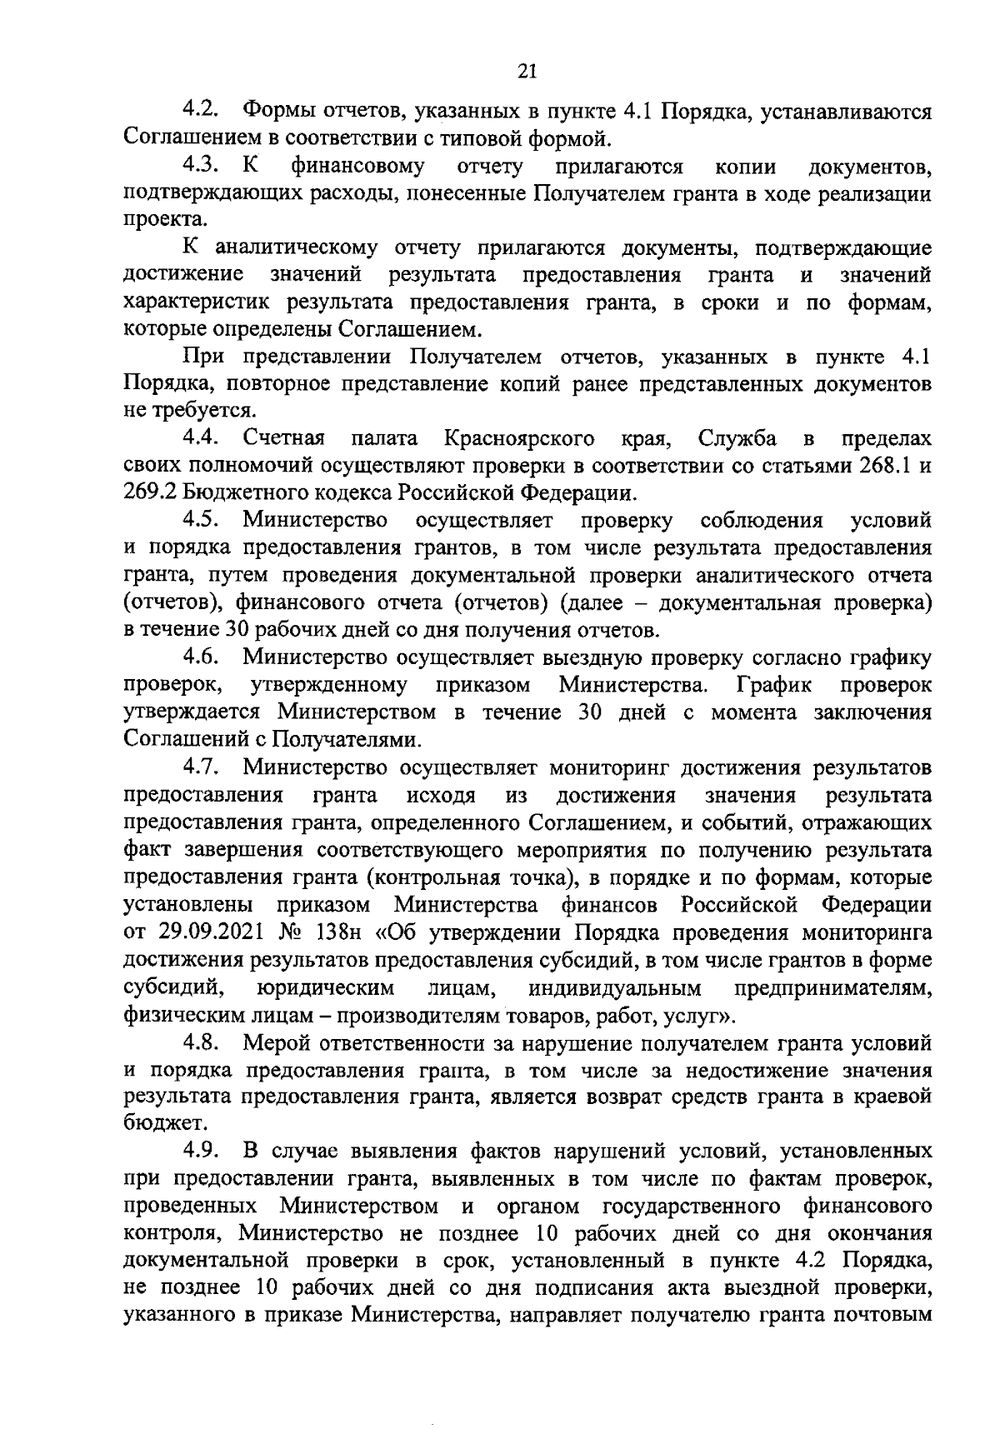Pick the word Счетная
coord(284,438)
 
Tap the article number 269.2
coord(151,493)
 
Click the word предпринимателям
coord(832,988)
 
